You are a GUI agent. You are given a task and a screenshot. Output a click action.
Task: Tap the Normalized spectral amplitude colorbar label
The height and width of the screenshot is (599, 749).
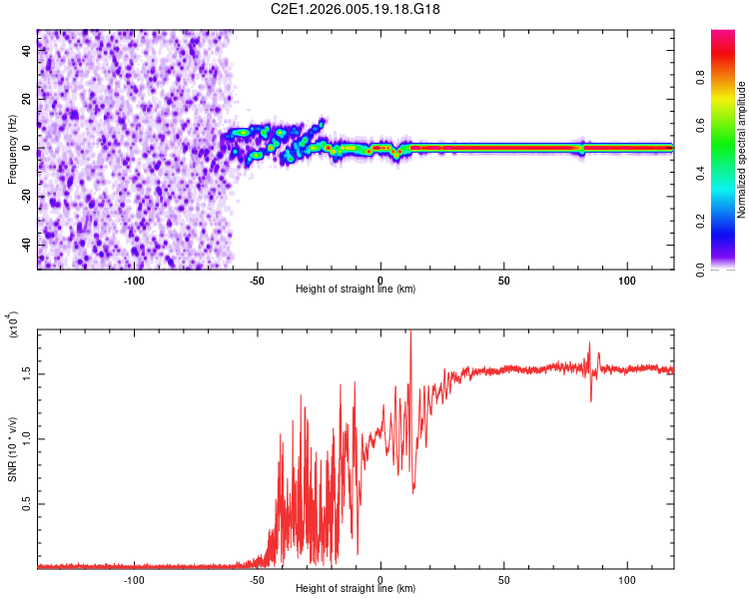tap(741, 151)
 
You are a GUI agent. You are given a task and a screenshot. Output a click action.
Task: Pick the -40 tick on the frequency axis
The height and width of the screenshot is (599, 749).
tap(22, 244)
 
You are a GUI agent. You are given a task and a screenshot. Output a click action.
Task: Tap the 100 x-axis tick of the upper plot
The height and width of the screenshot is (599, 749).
tap(627, 281)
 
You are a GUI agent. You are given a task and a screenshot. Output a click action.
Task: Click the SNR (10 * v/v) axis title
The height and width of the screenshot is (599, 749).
tap(13, 449)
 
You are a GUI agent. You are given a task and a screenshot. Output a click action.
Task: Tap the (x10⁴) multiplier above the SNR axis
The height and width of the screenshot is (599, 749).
tap(13, 325)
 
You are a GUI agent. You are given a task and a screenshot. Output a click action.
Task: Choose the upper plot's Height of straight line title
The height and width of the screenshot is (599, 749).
tap(356, 290)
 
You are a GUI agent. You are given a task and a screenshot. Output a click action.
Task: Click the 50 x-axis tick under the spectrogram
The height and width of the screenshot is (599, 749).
tap(504, 281)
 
